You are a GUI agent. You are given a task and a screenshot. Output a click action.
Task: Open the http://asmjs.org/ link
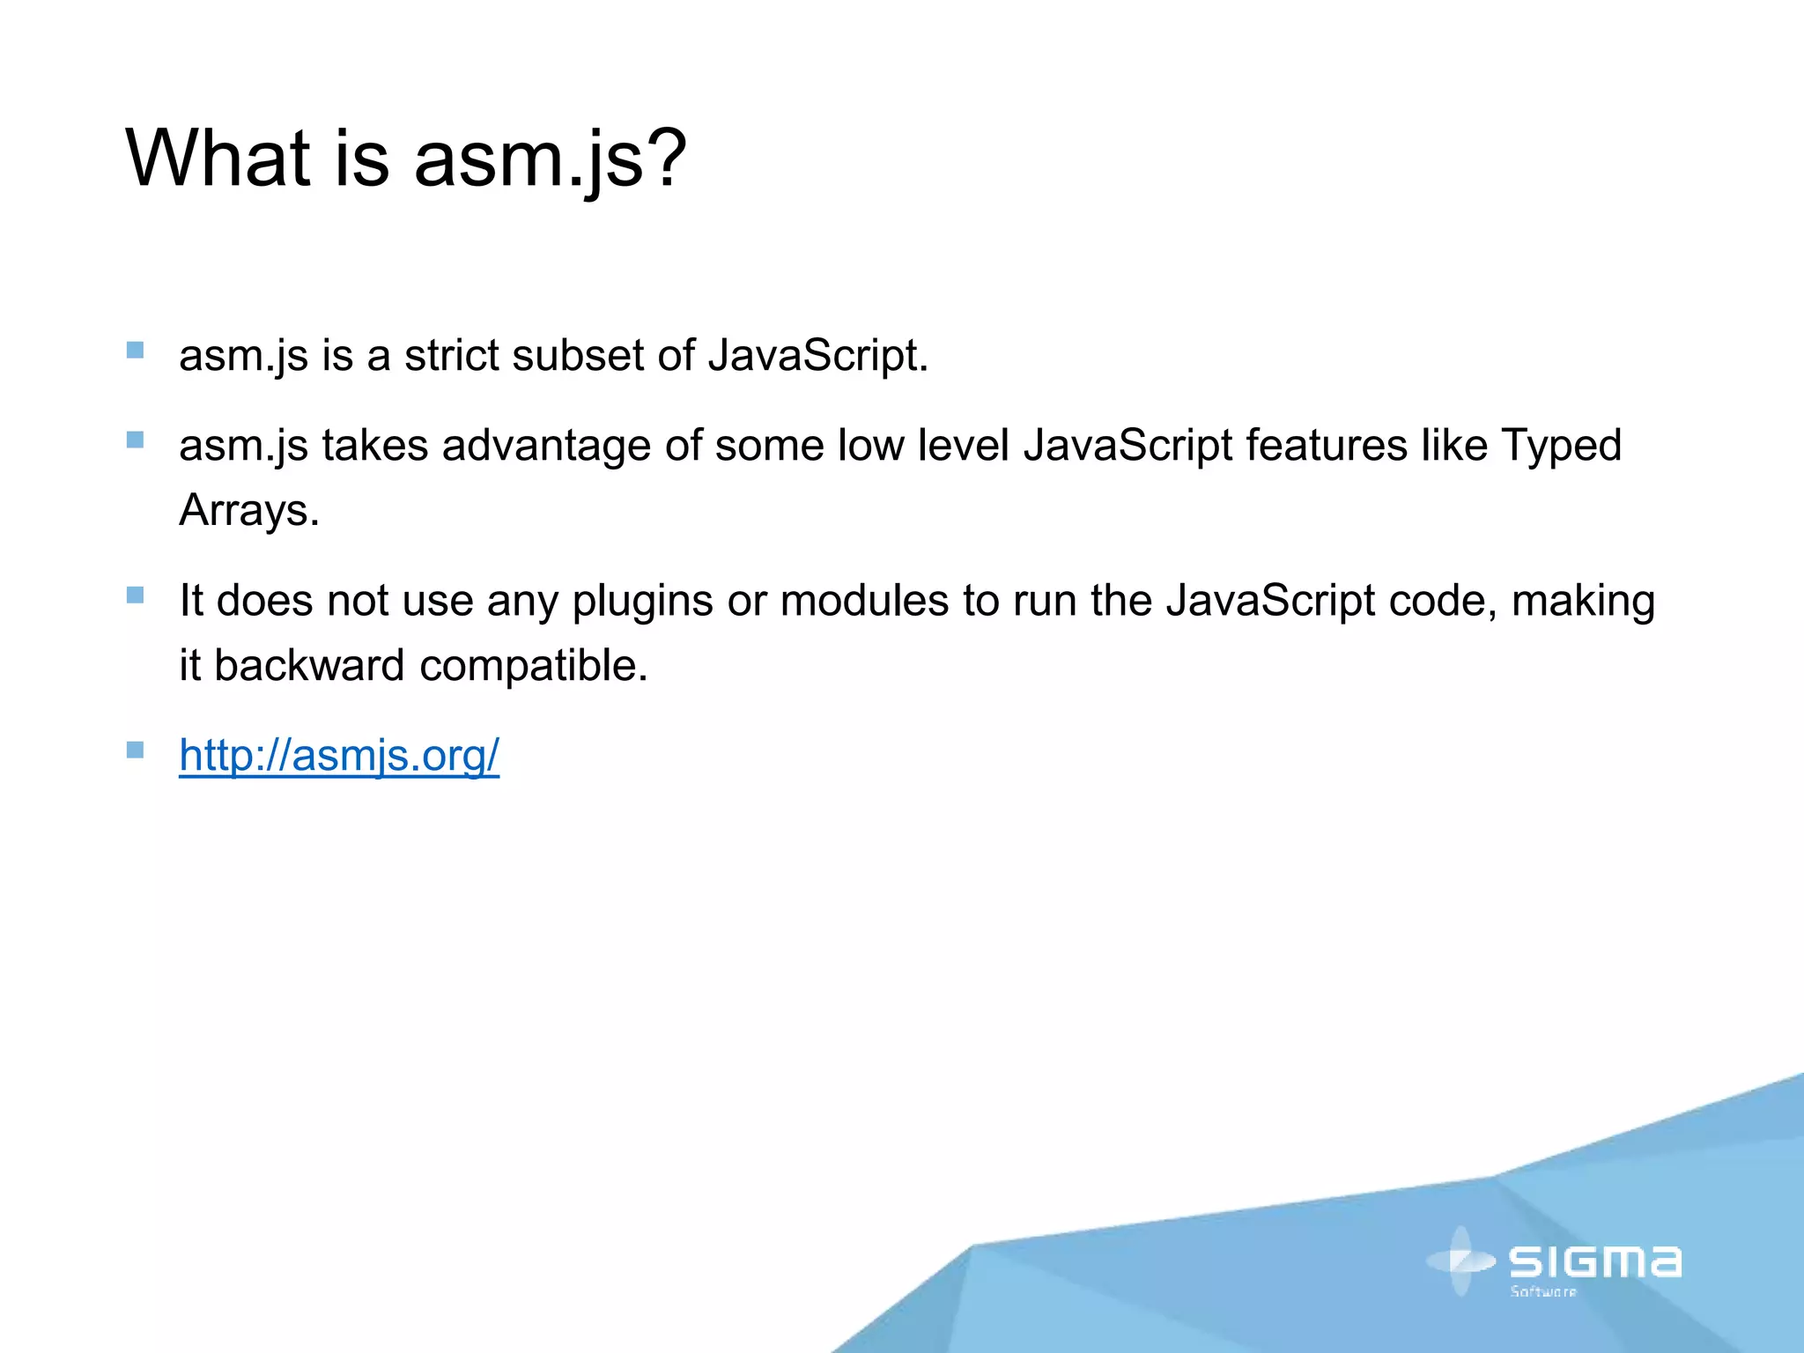[339, 755]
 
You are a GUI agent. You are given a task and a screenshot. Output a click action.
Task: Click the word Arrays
[248, 510]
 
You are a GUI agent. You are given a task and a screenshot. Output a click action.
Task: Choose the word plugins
[642, 602]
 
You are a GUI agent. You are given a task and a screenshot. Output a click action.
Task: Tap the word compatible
[534, 666]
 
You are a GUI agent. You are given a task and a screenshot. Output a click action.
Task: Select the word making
[1583, 602]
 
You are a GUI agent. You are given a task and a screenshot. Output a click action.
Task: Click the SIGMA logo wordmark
[1594, 1261]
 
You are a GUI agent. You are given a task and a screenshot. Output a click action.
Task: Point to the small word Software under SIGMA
[1543, 1291]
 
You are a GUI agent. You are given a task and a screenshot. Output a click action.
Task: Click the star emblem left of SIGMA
[1460, 1261]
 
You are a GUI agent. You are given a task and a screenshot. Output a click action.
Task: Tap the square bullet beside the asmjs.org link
[135, 750]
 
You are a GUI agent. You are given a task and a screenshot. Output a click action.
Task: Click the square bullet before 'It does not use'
[135, 595]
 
